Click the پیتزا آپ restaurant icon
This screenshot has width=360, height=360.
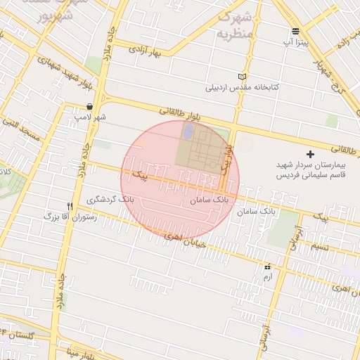coord(295,31)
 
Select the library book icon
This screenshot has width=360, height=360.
coord(243,77)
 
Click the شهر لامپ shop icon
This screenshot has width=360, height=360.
coord(89,107)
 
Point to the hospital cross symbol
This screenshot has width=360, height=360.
coord(310,153)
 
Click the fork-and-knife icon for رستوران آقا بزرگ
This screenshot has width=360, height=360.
coord(70,205)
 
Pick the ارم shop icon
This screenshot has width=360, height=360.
coord(266,267)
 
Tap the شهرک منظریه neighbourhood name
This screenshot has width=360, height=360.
coord(234,25)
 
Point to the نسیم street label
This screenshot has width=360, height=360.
coord(320,245)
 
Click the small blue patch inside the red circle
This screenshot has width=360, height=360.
coord(188,130)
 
